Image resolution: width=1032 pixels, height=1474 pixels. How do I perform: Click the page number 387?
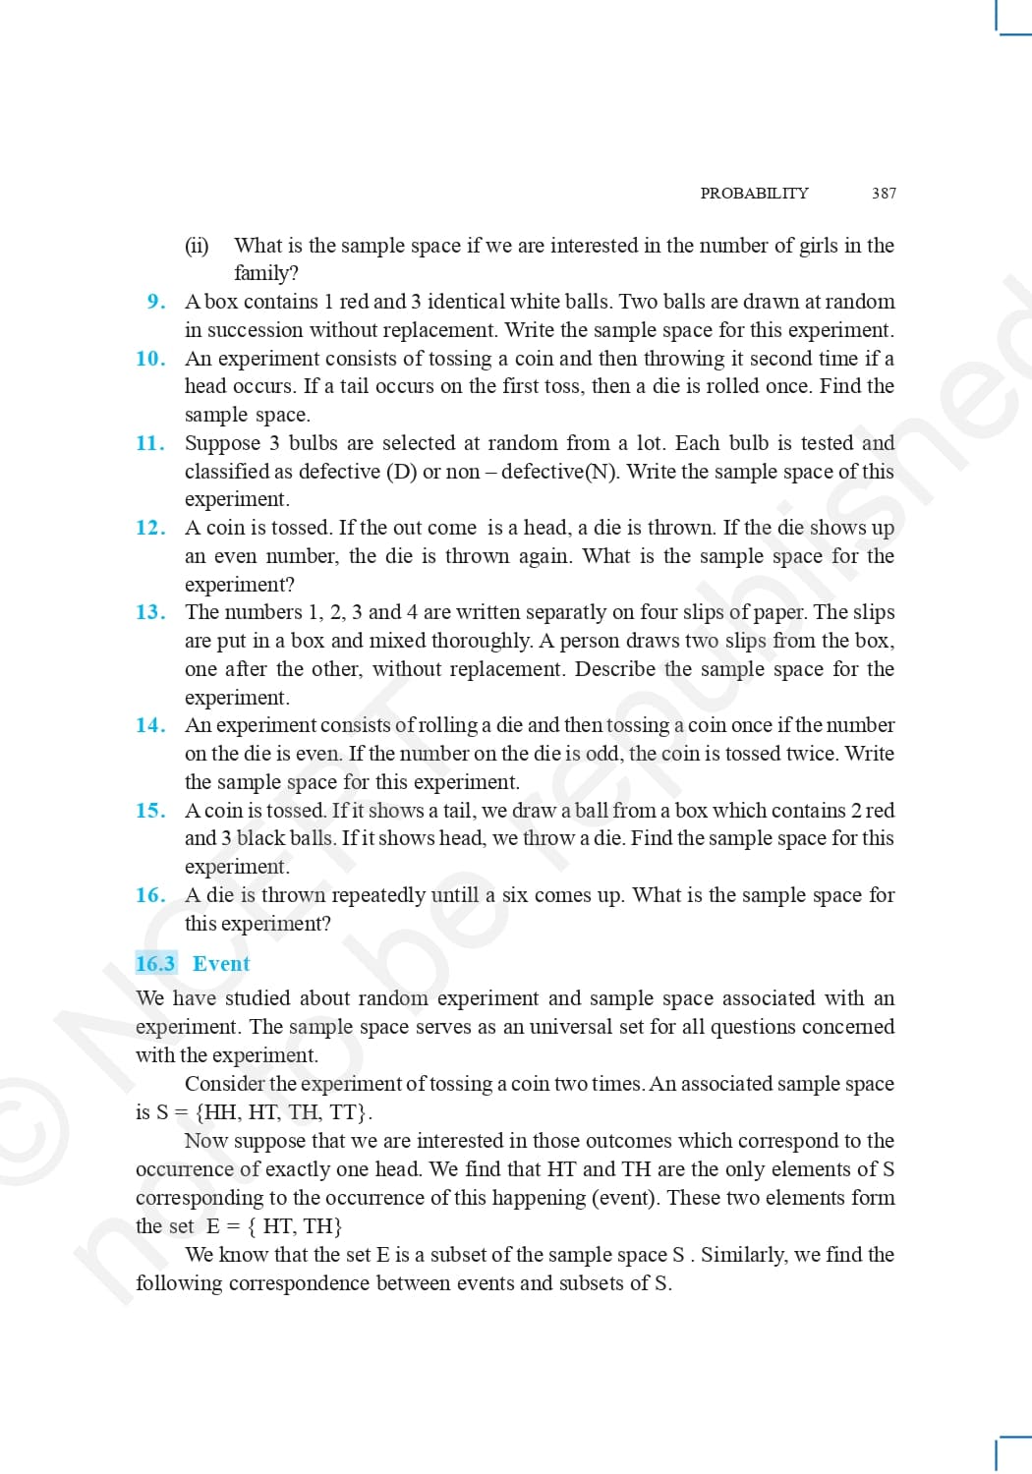coord(884,194)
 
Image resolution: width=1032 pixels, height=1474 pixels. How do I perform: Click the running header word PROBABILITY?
coord(754,194)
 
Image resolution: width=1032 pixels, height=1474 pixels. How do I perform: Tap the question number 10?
coord(150,359)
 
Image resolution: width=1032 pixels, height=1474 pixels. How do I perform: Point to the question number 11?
coord(150,443)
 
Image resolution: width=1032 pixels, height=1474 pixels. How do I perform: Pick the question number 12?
coord(150,528)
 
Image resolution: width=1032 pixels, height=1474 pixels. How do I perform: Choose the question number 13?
coord(150,612)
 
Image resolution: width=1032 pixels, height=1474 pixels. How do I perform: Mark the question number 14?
coord(150,725)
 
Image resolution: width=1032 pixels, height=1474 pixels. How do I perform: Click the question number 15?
coord(150,811)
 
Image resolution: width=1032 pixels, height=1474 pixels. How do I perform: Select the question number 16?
coord(150,895)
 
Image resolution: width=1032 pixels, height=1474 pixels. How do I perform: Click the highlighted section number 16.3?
coord(155,964)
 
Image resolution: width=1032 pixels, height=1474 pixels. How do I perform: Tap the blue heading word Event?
coord(221,964)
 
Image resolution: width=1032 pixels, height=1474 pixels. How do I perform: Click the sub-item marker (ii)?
coord(197,246)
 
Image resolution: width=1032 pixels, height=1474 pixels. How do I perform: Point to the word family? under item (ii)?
coord(265,273)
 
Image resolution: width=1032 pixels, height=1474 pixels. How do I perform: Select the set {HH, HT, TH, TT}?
coord(283,1112)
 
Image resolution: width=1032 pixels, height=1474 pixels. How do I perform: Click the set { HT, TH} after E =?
coord(294,1226)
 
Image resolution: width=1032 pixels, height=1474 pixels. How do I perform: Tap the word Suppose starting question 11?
coord(221,443)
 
